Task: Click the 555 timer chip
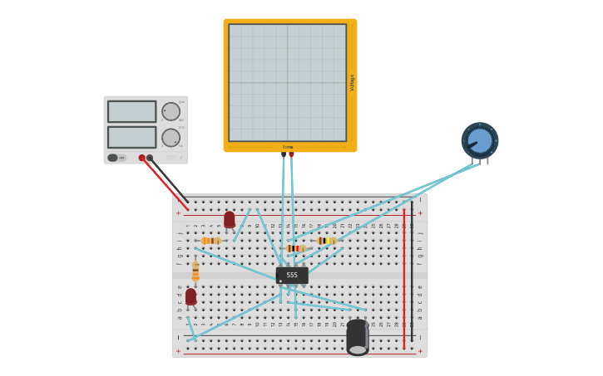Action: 292,275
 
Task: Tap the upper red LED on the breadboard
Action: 230,220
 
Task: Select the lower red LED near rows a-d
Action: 191,296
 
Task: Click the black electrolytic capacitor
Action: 358,336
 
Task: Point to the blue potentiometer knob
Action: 480,140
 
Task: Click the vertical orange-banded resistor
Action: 195,272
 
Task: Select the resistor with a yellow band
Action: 327,241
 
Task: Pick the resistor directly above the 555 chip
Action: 295,248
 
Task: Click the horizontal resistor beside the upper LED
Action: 211,241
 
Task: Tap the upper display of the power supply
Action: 131,111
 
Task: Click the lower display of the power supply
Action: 131,137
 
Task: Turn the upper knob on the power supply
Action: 171,111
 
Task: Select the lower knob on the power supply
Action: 171,138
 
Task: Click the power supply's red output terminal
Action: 142,158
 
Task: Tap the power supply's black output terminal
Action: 150,158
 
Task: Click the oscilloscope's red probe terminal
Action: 291,154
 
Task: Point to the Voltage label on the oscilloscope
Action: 352,82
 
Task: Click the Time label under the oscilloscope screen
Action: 287,147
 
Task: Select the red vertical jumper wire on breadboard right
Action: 404,278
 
